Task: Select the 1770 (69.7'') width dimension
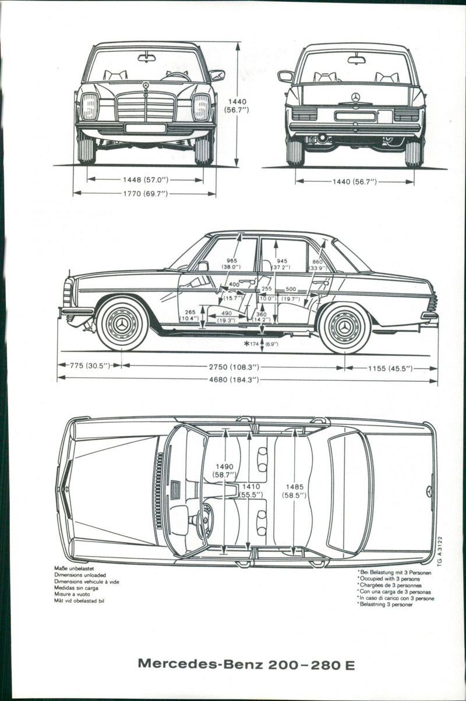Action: point(144,194)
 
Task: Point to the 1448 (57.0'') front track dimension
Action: point(144,180)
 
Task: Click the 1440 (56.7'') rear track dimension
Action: point(354,182)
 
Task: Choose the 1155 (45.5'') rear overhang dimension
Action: point(390,368)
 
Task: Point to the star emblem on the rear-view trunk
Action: point(355,97)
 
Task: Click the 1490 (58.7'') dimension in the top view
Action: point(225,470)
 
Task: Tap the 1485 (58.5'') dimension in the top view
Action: point(294,490)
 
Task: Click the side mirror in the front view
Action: point(217,75)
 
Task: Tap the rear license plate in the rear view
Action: point(355,116)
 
